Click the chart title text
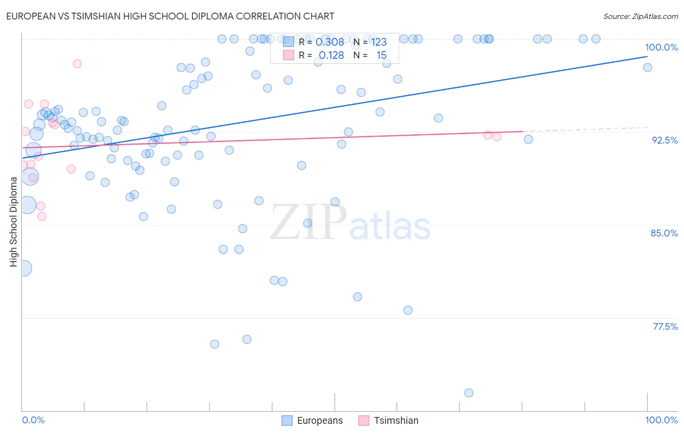(170, 16)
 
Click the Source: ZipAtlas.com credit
(640, 17)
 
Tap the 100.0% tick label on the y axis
(661, 47)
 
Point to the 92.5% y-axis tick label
(665, 140)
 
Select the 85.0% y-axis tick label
(664, 233)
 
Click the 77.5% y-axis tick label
(665, 326)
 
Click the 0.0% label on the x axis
(33, 420)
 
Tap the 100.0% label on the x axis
(661, 420)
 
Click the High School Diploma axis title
(14, 221)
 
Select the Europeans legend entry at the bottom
(313, 420)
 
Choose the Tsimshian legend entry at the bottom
(389, 420)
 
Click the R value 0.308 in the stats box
(330, 42)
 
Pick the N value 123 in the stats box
(379, 42)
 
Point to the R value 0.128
(331, 55)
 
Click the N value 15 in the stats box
(381, 55)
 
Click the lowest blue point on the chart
(468, 393)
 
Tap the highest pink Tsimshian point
(77, 64)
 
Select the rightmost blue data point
(648, 68)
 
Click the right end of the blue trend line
(648, 56)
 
